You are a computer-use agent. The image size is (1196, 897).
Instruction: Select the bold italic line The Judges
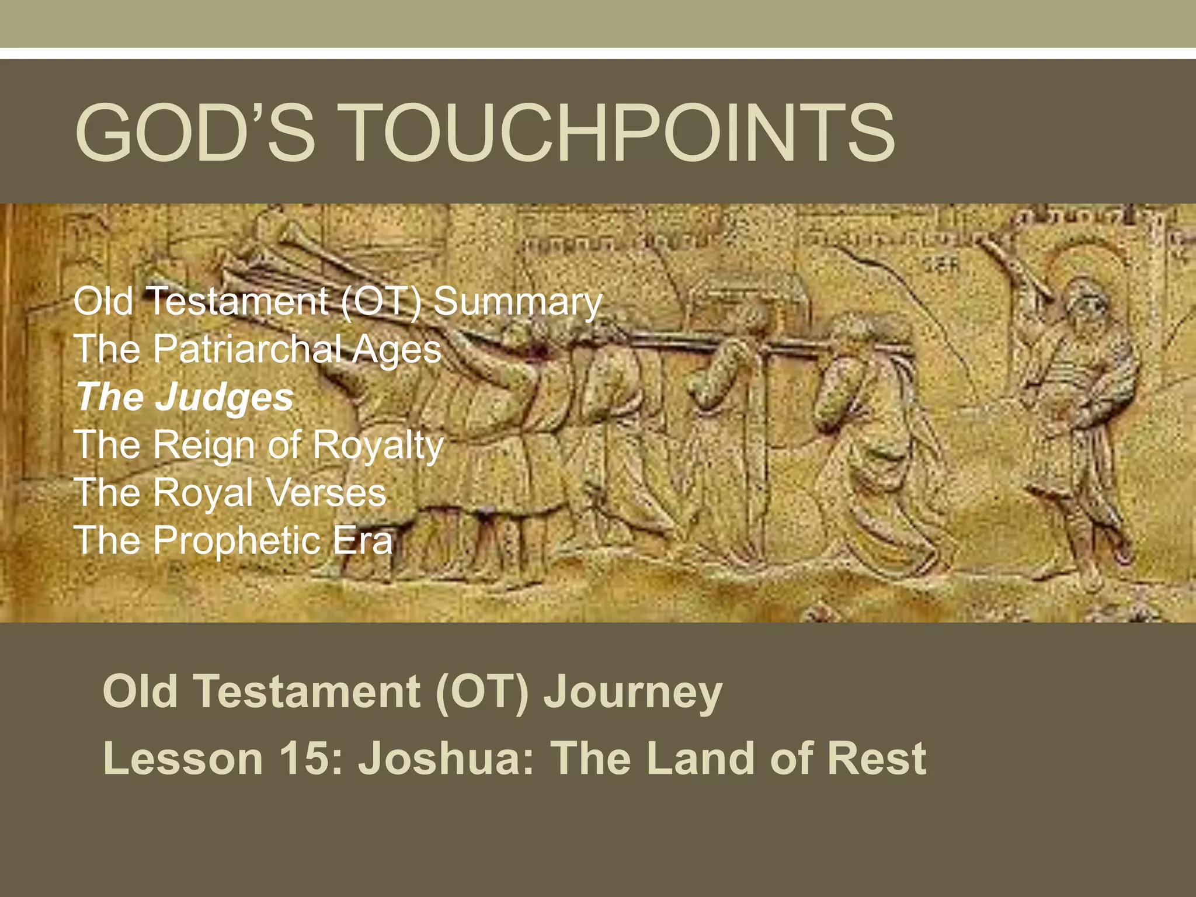coord(185,397)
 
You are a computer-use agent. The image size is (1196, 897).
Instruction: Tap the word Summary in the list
coord(517,302)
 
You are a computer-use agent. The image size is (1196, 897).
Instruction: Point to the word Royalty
coord(378,446)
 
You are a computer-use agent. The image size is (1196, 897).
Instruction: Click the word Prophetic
coord(237,540)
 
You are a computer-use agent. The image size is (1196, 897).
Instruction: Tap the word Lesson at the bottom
coord(183,758)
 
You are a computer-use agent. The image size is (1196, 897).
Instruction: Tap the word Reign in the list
coord(204,446)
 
